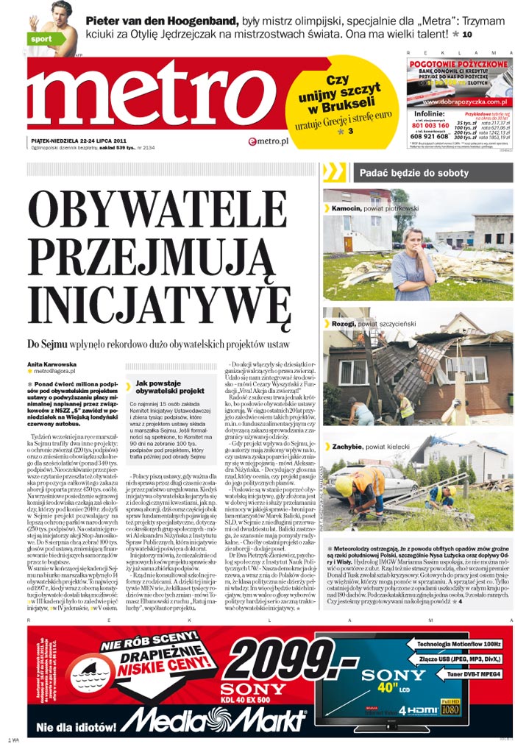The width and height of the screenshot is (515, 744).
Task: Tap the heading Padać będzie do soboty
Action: tap(413, 173)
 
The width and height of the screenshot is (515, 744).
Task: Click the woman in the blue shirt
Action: tap(411, 261)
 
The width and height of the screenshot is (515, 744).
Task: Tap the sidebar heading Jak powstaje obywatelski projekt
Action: tap(170, 387)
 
